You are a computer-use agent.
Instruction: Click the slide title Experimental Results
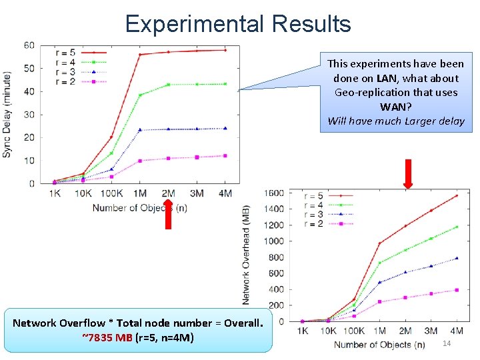click(238, 24)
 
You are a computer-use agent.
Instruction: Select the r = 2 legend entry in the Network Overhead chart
click(312, 224)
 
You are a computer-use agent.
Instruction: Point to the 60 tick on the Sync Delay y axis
click(29, 45)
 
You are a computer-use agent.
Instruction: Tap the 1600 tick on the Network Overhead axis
click(276, 193)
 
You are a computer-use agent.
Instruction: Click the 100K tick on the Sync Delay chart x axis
click(111, 193)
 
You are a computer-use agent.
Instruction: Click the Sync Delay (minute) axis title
click(7, 114)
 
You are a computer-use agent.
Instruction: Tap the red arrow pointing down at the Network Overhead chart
click(407, 175)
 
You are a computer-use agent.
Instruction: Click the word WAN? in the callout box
click(396, 107)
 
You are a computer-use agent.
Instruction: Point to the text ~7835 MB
click(107, 337)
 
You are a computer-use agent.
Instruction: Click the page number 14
click(447, 343)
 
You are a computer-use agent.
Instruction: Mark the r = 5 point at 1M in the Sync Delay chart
click(140, 55)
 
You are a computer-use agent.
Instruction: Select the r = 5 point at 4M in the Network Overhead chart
click(456, 196)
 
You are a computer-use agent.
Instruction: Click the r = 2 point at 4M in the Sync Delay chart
click(225, 155)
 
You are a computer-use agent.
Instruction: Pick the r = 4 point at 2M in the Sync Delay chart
click(169, 85)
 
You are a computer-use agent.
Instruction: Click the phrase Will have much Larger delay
click(396, 121)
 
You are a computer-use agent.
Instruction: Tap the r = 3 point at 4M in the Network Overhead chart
click(456, 258)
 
